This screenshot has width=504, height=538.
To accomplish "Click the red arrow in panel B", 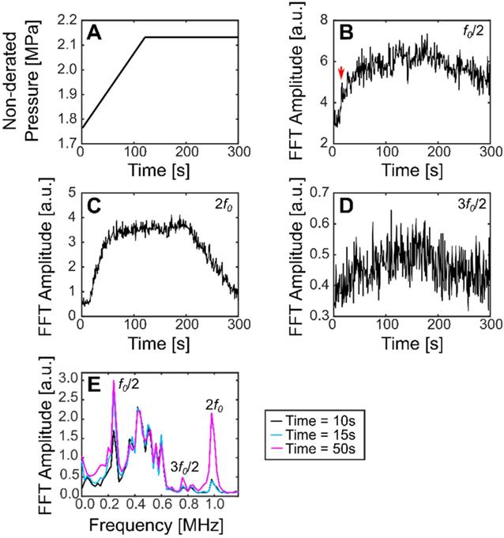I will click(x=340, y=73).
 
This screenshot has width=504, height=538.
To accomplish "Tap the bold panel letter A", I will click(x=99, y=35).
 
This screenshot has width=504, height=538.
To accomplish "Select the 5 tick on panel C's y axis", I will click(x=71, y=192).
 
